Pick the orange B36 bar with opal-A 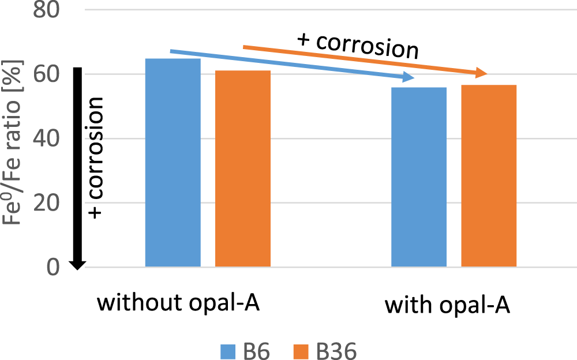click(x=489, y=176)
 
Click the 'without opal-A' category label click(x=178, y=302)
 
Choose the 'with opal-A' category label click(x=448, y=305)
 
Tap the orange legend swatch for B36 click(x=302, y=350)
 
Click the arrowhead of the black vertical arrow click(x=78, y=264)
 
